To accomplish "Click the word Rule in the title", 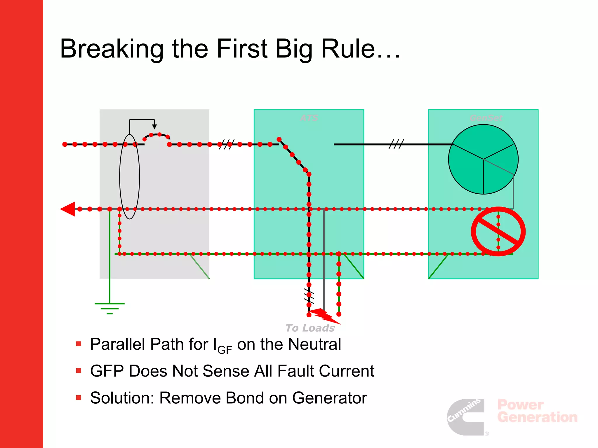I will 348,49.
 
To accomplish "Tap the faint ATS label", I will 309,118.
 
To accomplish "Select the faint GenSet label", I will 486,118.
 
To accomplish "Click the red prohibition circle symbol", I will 498,231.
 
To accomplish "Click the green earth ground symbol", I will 109,308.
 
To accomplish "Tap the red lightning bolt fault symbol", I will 324,316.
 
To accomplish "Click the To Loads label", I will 310,328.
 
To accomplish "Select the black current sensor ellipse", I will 129,176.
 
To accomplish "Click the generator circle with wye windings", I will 483,159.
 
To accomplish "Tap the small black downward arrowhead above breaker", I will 154,127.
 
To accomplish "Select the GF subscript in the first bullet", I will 225,349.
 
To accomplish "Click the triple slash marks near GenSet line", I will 396,144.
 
